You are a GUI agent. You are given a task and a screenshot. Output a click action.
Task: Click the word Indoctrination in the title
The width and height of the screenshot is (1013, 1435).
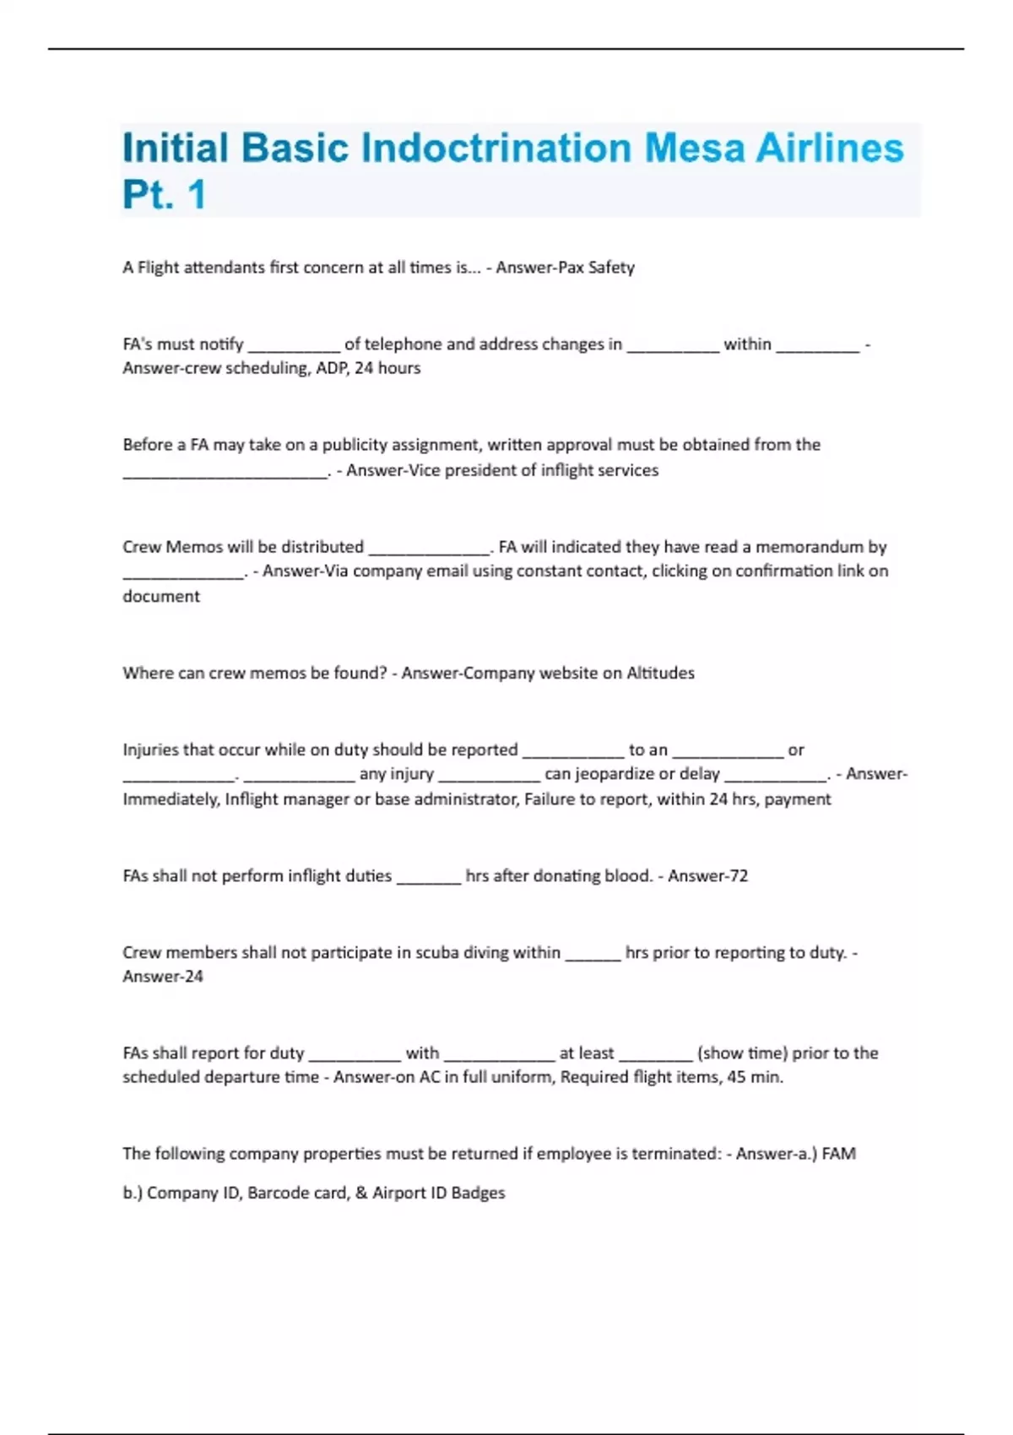[x=496, y=148]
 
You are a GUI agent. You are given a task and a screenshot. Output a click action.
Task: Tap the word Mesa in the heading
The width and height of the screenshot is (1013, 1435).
[x=694, y=148]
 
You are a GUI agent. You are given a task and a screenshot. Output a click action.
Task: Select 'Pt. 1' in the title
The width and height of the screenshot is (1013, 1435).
[x=165, y=195]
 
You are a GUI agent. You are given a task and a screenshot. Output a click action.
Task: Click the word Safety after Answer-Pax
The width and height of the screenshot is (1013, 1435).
[x=611, y=268]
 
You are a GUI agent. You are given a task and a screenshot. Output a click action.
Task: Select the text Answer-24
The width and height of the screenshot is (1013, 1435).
[x=163, y=977]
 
